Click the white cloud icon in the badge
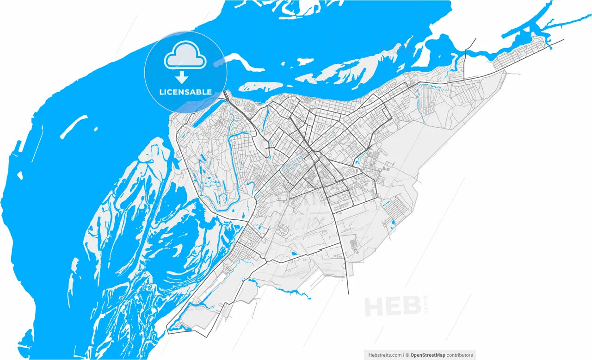(x=185, y=55)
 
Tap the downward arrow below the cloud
(x=184, y=77)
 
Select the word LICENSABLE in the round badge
(x=185, y=92)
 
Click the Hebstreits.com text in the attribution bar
(x=385, y=355)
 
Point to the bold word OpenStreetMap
(x=428, y=355)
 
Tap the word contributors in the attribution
(x=460, y=355)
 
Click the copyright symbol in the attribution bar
(x=407, y=355)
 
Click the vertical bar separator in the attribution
(x=403, y=355)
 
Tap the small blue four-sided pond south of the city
(x=294, y=254)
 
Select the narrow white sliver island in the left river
(x=73, y=126)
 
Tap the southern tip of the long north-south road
(x=348, y=293)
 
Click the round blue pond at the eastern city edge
(x=393, y=223)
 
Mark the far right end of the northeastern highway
(x=563, y=39)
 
